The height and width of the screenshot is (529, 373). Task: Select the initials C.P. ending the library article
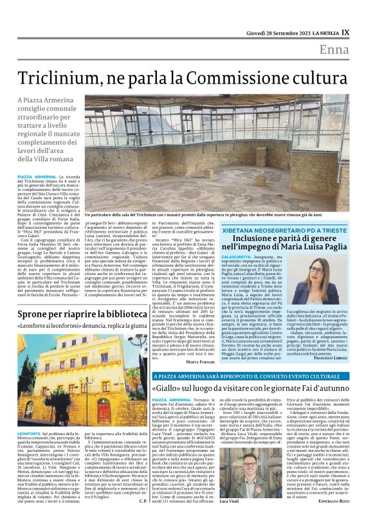[143, 518]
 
